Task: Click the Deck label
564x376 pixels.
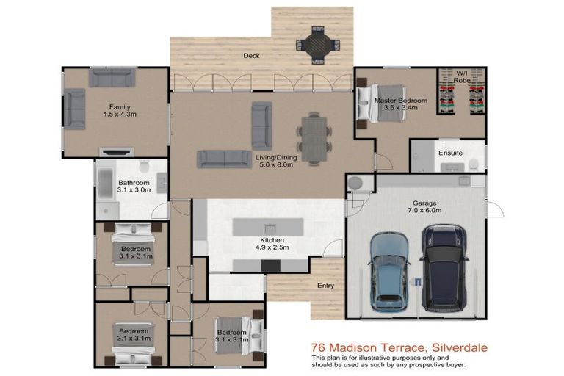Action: (251, 56)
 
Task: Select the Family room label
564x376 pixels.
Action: (120, 107)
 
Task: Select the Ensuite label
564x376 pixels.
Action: (450, 153)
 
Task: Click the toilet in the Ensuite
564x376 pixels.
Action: (475, 163)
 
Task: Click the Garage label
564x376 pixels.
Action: (420, 201)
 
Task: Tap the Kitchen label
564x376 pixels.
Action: (272, 240)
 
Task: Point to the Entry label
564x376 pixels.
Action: (325, 286)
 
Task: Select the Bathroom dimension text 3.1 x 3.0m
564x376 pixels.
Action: (134, 190)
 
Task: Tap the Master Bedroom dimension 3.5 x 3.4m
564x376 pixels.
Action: (400, 108)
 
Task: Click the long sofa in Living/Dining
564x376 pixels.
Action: (223, 158)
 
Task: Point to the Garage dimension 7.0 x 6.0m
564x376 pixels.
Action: (420, 210)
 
